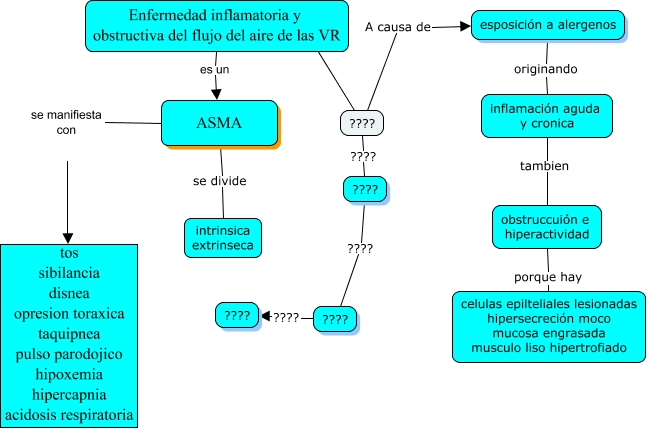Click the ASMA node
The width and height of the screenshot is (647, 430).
[219, 124]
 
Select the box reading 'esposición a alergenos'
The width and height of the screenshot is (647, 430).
[549, 25]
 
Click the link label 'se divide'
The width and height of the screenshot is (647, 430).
[220, 181]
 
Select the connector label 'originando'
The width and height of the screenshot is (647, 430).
[546, 70]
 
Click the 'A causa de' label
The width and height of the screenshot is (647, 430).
[398, 26]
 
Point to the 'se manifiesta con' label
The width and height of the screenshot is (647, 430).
[66, 122]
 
